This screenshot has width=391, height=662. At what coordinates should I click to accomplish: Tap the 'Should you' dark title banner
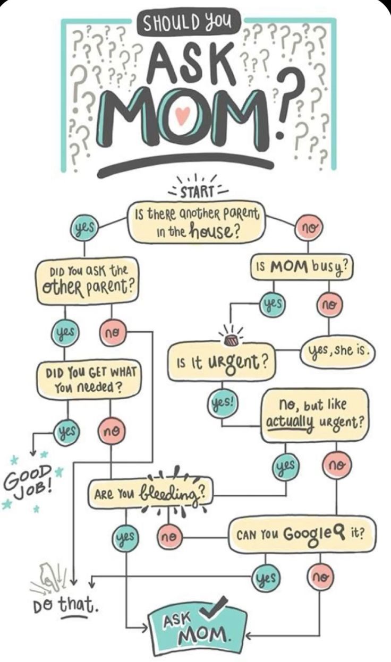click(190, 24)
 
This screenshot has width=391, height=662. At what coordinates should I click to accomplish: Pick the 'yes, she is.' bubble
click(337, 351)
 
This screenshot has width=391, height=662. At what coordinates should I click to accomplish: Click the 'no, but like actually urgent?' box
click(313, 415)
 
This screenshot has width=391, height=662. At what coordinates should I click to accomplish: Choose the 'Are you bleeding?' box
click(150, 493)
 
